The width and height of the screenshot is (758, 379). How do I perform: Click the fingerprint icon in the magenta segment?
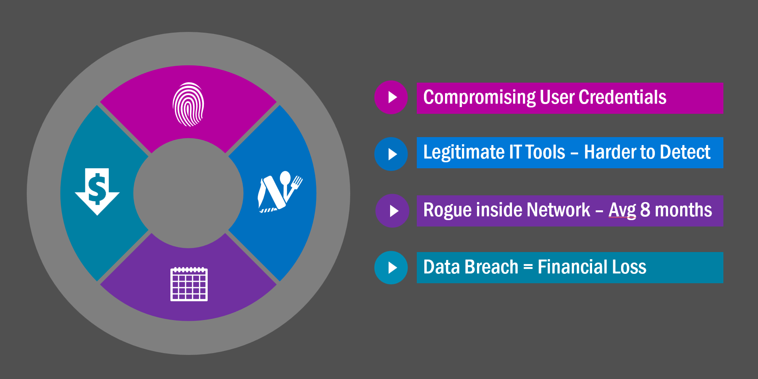point(188,104)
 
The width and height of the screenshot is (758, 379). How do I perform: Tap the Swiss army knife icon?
point(279,192)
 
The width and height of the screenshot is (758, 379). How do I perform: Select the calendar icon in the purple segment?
point(189,284)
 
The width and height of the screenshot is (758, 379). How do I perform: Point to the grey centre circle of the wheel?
point(188,193)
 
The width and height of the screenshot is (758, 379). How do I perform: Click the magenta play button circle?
point(391,97)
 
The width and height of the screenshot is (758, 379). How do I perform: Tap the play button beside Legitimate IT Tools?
point(391,154)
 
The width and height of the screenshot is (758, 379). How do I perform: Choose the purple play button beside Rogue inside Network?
point(392,211)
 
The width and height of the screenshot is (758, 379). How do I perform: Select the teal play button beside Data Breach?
point(391,267)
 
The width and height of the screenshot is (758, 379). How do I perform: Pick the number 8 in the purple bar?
point(645,210)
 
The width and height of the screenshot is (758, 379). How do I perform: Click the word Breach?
point(491,267)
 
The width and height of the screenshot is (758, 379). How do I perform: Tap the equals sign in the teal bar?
point(528,267)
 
